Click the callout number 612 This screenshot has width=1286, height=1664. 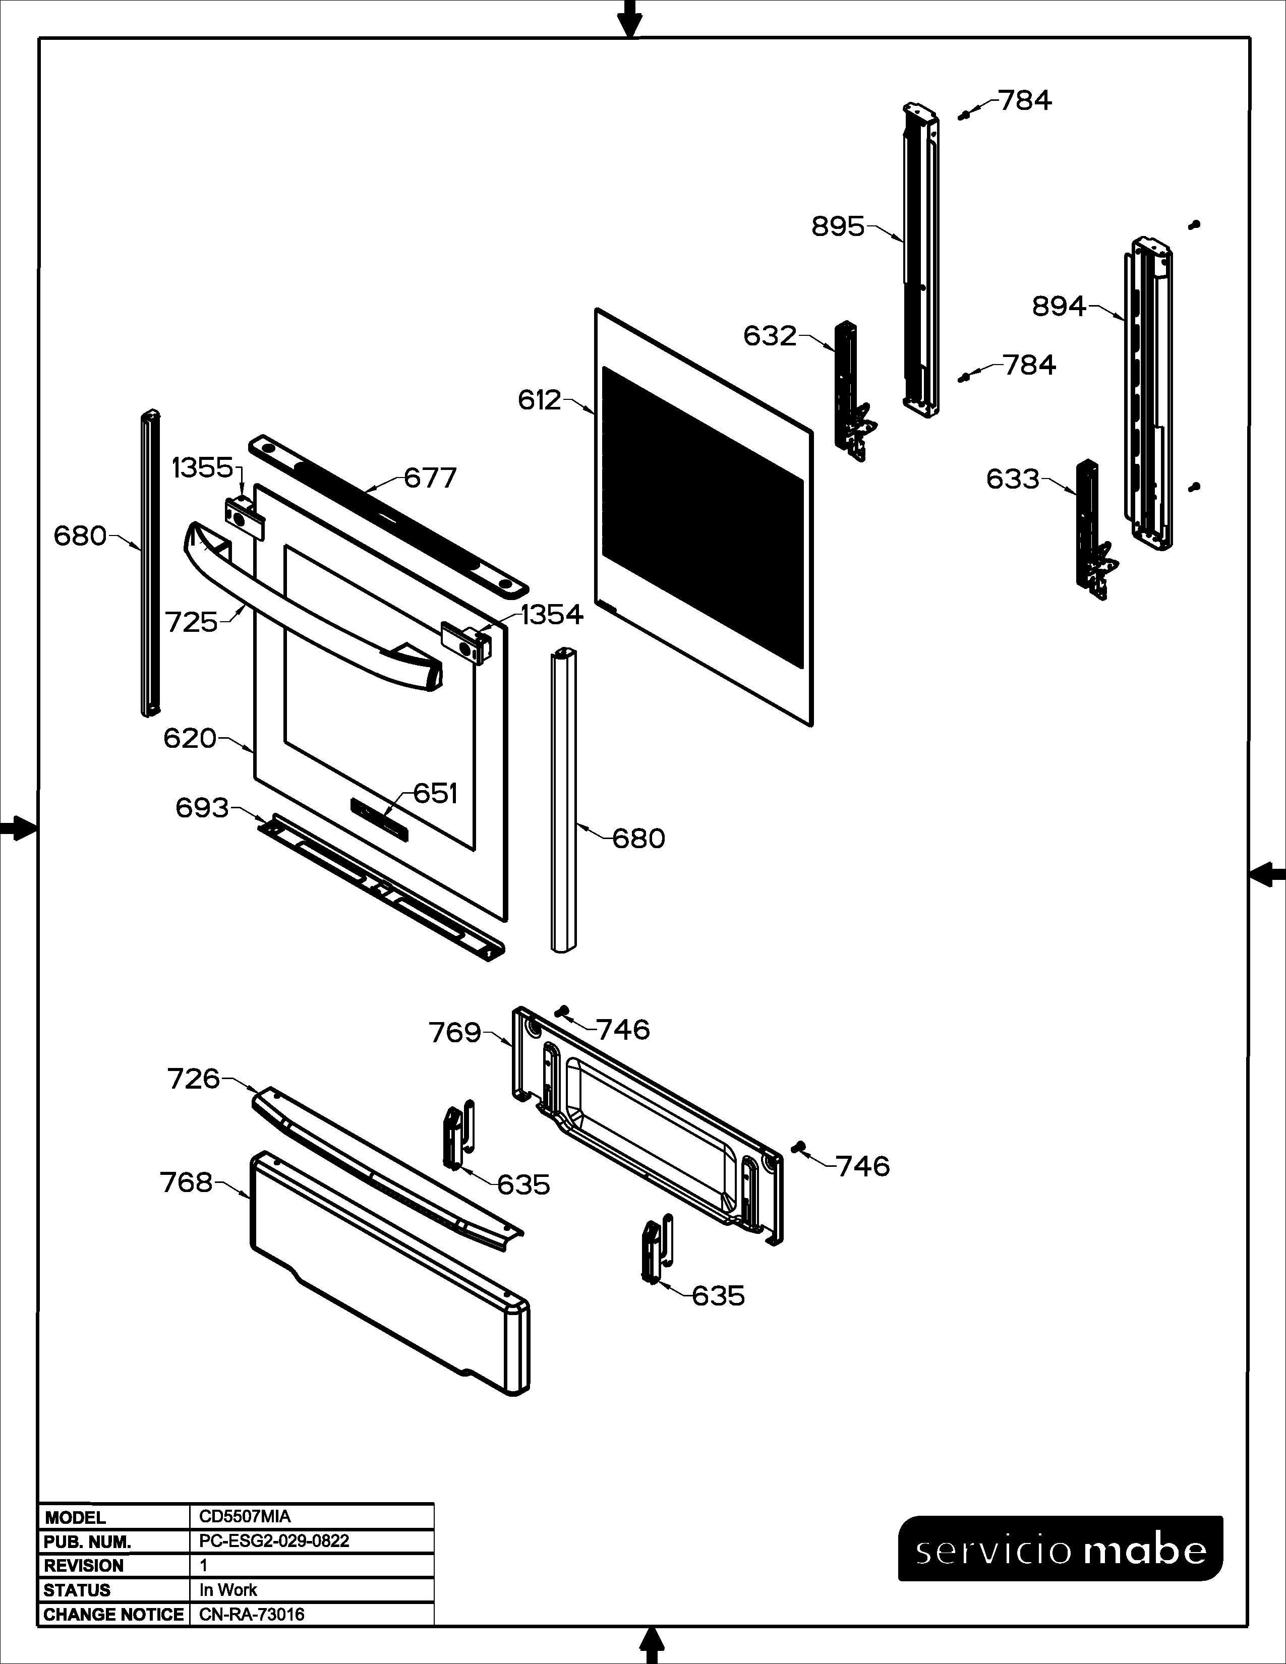[540, 400]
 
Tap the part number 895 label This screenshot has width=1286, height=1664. [838, 226]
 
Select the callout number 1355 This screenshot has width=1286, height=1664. [203, 468]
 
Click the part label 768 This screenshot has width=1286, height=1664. [186, 1182]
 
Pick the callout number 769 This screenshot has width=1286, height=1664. [455, 1033]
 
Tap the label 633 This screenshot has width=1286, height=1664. [1013, 479]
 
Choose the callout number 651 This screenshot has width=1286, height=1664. [435, 793]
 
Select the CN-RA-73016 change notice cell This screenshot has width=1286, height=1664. [252, 1615]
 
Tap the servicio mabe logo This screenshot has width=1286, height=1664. [1061, 1549]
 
